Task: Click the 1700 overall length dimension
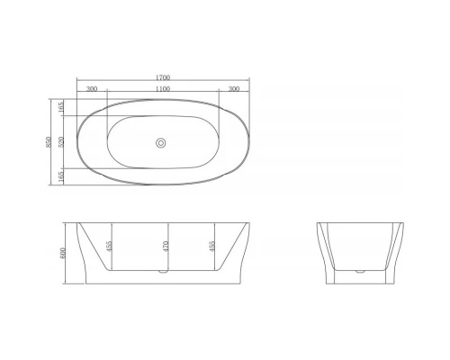163,78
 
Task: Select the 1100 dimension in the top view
163,89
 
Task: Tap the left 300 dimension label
92,89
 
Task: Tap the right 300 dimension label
234,89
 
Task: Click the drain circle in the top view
163,141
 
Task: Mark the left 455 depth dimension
111,245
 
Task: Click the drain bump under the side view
163,270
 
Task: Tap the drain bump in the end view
360,269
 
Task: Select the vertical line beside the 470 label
170,245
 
